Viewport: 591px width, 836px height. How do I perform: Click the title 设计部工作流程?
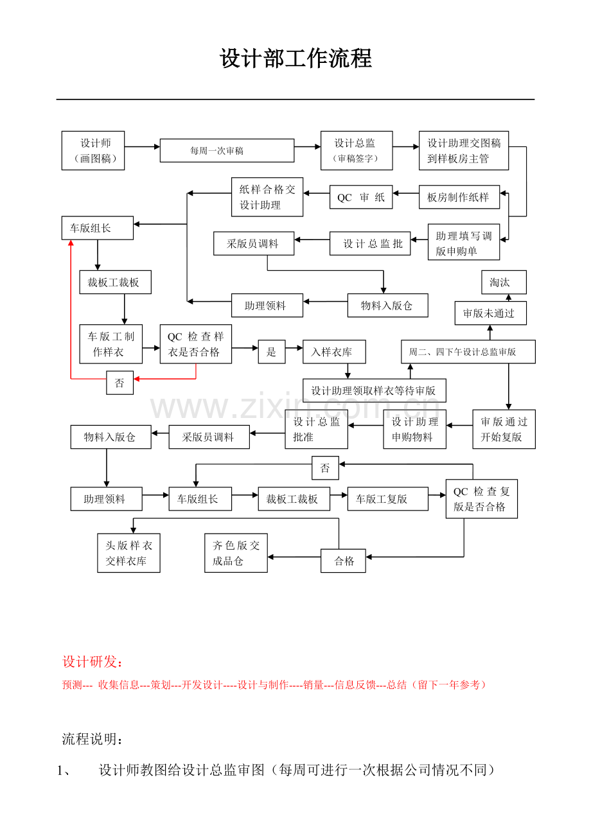coord(295,58)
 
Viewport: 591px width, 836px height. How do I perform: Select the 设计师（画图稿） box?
coord(93,150)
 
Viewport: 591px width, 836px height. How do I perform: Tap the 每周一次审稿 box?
coord(227,150)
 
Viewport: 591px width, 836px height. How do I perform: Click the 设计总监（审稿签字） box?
coord(357,150)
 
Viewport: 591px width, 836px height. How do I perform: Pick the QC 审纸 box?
coord(361,197)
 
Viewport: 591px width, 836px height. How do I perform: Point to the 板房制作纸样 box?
coord(459,197)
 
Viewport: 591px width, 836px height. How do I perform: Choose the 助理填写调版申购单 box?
coord(464,242)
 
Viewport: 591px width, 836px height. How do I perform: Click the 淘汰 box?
coord(504,282)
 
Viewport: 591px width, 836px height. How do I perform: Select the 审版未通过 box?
coord(491,313)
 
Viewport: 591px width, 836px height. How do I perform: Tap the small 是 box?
coord(272,352)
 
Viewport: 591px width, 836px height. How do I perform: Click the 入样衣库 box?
coord(334,352)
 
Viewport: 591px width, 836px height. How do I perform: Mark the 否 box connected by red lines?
coord(120,383)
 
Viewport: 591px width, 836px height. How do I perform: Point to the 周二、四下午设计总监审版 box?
coord(468,352)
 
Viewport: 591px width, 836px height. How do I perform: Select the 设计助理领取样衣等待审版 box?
coord(375,390)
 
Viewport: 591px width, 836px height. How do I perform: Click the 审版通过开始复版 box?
coord(504,429)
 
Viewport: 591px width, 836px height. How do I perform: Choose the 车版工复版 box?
coord(388,499)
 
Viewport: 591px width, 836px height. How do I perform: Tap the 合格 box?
coord(343,561)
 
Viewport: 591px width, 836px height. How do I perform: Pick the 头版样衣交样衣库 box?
coord(129,553)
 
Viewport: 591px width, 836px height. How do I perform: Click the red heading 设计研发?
coord(93,662)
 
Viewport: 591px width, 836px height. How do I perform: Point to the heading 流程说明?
coord(93,739)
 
